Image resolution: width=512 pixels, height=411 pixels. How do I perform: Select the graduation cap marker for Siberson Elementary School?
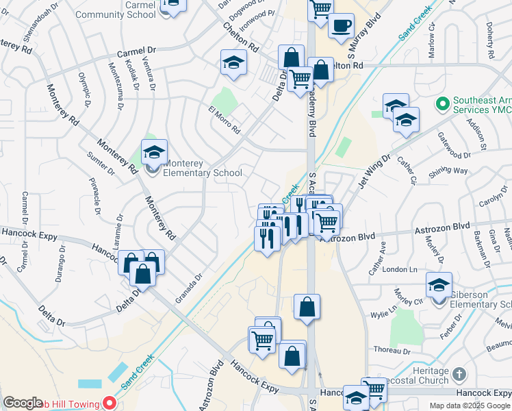[439, 285]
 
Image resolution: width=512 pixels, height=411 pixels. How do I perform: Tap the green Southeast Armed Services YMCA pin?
[442, 104]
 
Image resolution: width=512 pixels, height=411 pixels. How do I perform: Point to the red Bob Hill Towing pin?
[107, 404]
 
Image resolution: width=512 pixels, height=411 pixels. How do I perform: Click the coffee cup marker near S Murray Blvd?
[341, 26]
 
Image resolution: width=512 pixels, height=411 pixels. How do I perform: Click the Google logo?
[23, 403]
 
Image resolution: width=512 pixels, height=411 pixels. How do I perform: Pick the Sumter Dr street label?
[100, 162]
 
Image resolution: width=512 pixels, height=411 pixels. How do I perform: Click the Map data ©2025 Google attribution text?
[469, 406]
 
